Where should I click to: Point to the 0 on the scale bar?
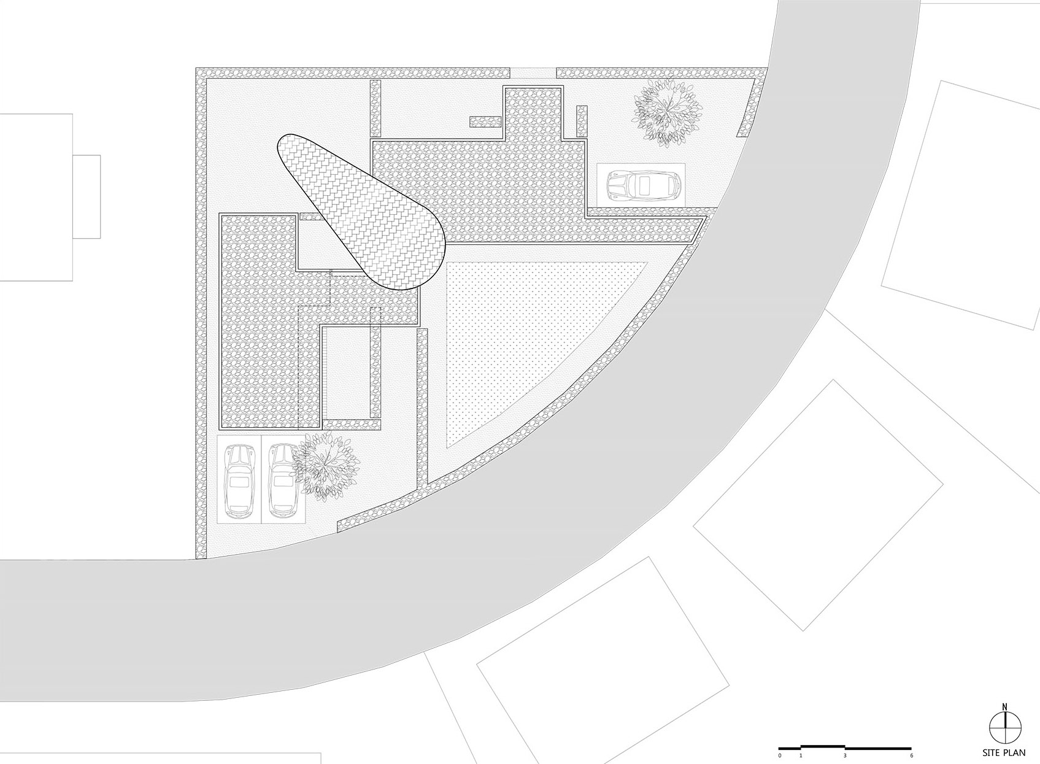pyautogui.click(x=780, y=755)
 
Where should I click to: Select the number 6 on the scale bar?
pyautogui.click(x=911, y=755)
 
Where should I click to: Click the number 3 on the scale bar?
pyautogui.click(x=845, y=755)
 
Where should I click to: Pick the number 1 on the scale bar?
pyautogui.click(x=801, y=755)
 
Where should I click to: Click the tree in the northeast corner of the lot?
pyautogui.click(x=668, y=112)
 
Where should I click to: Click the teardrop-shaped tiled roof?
pyautogui.click(x=362, y=214)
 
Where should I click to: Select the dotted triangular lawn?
pyautogui.click(x=520, y=334)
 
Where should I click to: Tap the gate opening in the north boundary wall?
pyautogui.click(x=533, y=73)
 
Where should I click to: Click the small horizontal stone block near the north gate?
pyautogui.click(x=486, y=122)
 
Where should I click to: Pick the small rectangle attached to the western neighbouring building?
pyautogui.click(x=87, y=196)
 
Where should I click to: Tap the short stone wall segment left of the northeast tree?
pyautogui.click(x=582, y=122)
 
